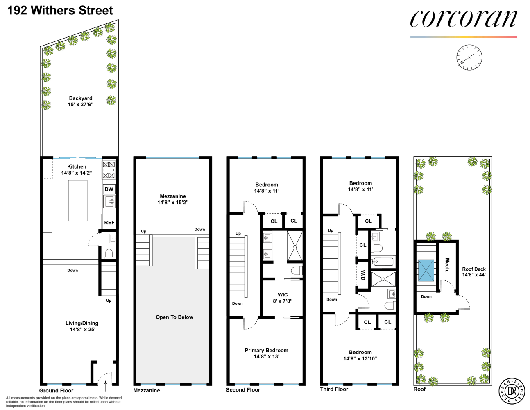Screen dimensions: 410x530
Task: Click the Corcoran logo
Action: click(463, 19)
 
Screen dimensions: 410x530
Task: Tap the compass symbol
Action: click(469, 57)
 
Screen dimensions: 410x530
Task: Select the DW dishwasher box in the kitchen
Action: click(109, 189)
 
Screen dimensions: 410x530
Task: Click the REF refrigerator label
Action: click(109, 223)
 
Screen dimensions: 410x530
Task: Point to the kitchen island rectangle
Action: click(77, 200)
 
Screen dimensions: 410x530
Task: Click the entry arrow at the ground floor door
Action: click(106, 386)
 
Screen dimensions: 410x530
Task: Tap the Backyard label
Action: click(81, 98)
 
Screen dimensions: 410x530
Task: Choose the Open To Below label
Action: click(174, 317)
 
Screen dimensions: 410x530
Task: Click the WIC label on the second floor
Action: click(283, 294)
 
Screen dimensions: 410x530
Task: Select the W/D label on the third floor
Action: click(363, 275)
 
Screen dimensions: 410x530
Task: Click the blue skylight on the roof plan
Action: click(426, 270)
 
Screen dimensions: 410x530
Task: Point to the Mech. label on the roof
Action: click(447, 265)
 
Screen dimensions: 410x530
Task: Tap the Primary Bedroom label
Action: click(266, 350)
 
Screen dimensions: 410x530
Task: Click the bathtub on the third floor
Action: click(383, 261)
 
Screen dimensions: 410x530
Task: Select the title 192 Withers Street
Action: click(60, 10)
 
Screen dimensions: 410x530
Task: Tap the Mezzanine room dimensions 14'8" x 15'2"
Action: click(173, 202)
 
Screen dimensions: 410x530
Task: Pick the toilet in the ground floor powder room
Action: click(109, 254)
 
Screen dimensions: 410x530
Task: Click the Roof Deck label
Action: click(474, 269)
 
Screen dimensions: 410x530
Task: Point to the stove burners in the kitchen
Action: click(109, 170)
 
